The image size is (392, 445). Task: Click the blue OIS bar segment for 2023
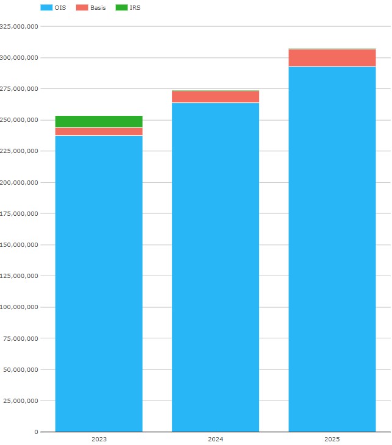tap(99, 283)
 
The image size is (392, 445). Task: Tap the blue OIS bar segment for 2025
tap(332, 249)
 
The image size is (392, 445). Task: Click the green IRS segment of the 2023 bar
tap(99, 121)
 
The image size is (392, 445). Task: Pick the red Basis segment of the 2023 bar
tap(99, 132)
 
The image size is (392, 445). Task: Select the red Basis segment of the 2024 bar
tap(215, 97)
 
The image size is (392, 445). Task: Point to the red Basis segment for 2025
tap(332, 58)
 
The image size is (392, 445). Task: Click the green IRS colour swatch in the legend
tap(121, 7)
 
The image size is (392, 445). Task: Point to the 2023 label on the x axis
tap(99, 439)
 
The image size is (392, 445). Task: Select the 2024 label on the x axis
tap(215, 439)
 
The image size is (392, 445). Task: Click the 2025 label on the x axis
tap(332, 439)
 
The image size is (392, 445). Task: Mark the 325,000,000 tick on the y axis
tap(20, 27)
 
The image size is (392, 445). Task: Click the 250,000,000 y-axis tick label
tap(20, 120)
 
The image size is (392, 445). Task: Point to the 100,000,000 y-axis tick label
tap(20, 307)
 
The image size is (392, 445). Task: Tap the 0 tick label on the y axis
tap(36, 432)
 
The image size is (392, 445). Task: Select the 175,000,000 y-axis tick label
tap(20, 214)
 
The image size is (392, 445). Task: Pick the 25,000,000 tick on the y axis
tap(21, 401)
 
